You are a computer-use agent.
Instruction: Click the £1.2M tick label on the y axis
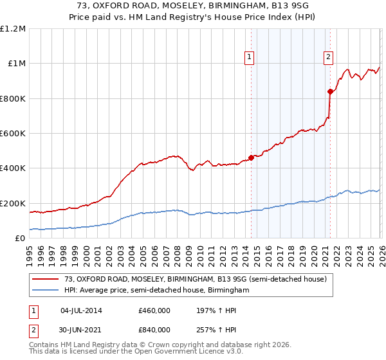point(13,29)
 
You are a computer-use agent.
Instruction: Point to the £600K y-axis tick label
point(13,134)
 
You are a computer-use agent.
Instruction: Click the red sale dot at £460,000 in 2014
point(251,158)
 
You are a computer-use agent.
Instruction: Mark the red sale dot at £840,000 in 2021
point(330,91)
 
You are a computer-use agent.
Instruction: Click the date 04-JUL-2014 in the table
point(81,310)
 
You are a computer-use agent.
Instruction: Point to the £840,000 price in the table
point(154,329)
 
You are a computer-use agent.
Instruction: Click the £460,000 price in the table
point(154,310)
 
